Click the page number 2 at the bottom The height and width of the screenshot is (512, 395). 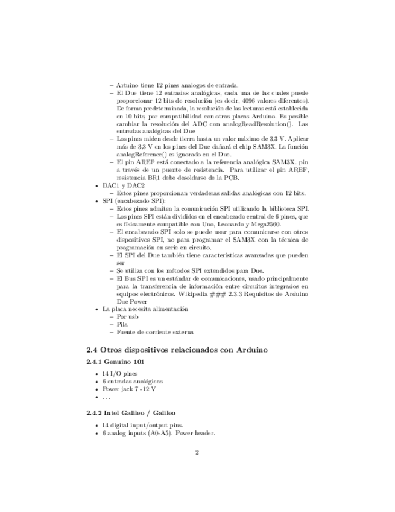point(197,452)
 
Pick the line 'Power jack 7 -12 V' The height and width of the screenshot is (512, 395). point(129,389)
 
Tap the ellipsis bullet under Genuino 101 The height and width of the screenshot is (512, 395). point(106,397)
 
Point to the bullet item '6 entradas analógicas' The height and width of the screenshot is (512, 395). point(132,381)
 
